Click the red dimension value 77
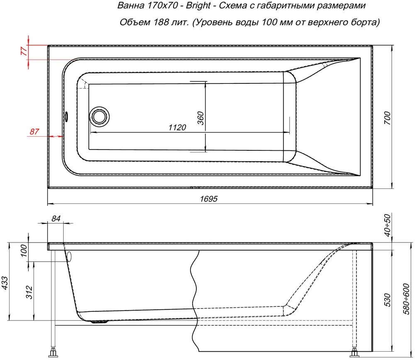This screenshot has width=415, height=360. pos(24,50)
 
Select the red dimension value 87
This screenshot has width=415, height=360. pos(34,131)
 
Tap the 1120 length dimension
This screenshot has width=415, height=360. pos(177,128)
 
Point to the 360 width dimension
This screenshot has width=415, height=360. pos(200,118)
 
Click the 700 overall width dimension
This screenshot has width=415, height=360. pos(387,118)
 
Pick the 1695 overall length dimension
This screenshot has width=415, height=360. pos(209,198)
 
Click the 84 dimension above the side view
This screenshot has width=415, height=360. pos(56,218)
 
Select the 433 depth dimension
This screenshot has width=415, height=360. pos(5,283)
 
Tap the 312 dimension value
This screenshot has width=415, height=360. pos(29,292)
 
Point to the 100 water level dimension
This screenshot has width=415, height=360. pos(24,251)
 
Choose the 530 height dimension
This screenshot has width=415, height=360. pos(387,300)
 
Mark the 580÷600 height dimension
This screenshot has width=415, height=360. pos(406,299)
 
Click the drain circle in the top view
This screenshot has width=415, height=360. pos(99,117)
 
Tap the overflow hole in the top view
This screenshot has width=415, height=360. pos(66,117)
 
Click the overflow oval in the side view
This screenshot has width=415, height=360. pos(69,257)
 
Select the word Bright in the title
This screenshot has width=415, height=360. pos(198,5)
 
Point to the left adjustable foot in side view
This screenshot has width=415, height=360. pos(53,352)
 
